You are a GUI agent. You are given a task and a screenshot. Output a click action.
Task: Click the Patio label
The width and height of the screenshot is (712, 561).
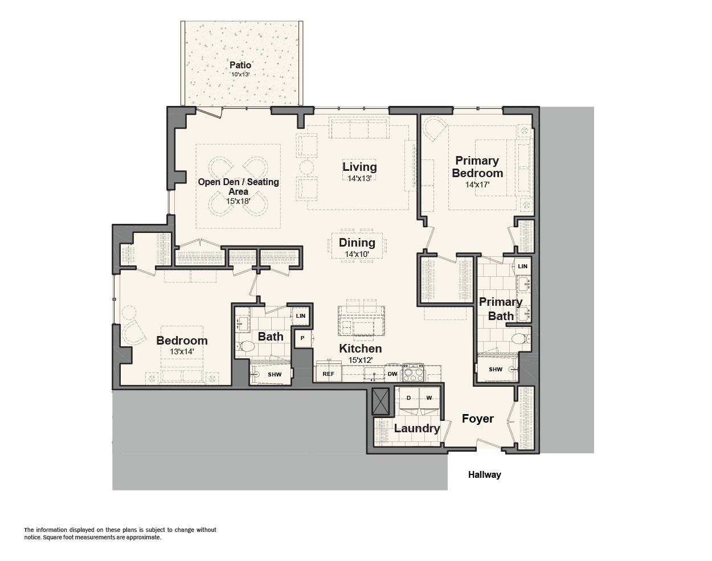(240, 65)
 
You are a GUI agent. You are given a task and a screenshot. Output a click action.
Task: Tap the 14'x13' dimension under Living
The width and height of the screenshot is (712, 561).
(359, 178)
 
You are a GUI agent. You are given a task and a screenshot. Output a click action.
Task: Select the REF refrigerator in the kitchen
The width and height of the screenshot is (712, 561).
(328, 374)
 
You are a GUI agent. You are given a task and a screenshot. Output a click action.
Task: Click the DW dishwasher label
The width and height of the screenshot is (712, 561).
(392, 374)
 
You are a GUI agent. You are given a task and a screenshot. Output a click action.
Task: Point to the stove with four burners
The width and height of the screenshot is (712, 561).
(413, 373)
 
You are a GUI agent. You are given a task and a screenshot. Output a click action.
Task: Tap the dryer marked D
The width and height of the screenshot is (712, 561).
(409, 400)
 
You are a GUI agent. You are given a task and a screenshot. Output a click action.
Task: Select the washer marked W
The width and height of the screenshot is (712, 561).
(429, 400)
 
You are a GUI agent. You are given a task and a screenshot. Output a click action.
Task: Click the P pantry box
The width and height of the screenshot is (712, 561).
(302, 338)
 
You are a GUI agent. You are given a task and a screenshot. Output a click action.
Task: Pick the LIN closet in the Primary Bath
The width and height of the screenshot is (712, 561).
(522, 267)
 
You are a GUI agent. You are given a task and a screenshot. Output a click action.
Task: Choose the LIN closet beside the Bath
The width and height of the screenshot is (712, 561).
(300, 316)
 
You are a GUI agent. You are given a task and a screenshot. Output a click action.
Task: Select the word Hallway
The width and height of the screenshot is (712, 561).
(484, 475)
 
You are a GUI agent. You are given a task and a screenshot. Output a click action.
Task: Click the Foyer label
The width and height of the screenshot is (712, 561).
(477, 419)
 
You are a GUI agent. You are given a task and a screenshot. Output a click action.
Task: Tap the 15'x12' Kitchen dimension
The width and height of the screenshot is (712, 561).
(361, 360)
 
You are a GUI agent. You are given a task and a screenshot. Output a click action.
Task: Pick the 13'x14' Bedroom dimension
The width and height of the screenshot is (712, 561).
(182, 351)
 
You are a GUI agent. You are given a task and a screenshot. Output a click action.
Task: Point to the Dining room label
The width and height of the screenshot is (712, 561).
(357, 243)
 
